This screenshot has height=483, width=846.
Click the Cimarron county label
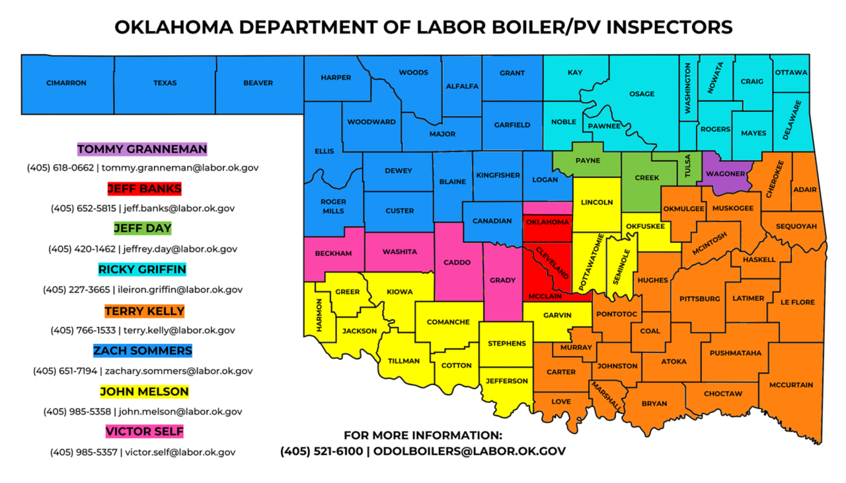66,83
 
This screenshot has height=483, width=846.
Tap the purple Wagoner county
725,174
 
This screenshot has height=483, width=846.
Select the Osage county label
642,94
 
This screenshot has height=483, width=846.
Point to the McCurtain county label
790,385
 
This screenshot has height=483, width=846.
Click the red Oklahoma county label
547,222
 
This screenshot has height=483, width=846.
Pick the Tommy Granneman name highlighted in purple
142,149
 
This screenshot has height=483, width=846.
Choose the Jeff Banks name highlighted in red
144,189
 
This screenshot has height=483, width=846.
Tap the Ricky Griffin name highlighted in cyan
142,270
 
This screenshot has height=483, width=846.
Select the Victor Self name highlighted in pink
144,432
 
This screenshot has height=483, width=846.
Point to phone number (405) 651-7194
65,371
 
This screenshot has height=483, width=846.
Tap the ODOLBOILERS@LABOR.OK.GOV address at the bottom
469,451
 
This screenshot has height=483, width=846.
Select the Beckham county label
333,253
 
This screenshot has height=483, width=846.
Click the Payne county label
588,161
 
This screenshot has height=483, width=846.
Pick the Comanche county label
448,322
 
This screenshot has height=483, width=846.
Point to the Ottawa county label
791,73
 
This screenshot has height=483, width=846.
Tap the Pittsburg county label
699,299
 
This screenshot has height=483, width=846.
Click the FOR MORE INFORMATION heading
423,435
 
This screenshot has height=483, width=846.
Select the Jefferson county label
507,381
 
